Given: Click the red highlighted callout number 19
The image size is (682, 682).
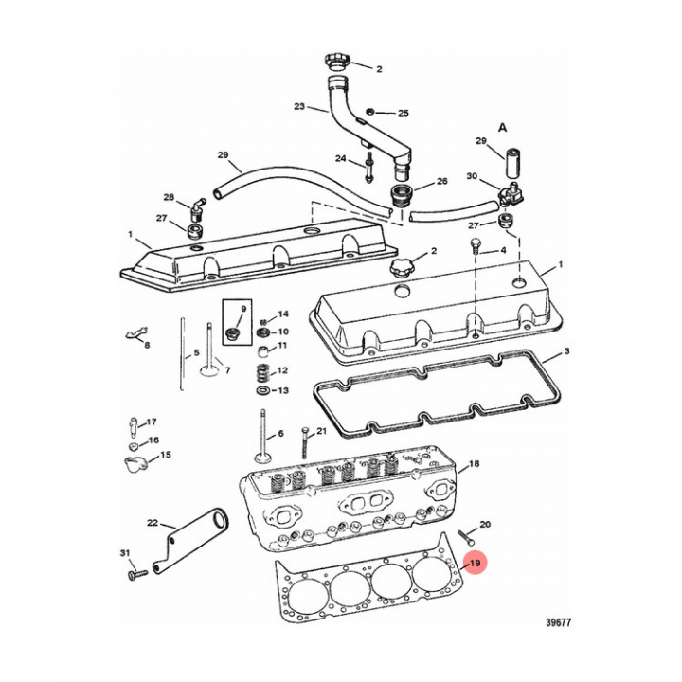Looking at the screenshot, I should click(476, 565).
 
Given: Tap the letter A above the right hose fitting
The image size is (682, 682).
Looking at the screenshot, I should click(503, 125).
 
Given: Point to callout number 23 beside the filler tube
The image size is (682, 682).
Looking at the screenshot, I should click(298, 107).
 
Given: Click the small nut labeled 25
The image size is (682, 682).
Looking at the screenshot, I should click(371, 112).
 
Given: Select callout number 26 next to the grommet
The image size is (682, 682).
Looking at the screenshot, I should click(441, 182).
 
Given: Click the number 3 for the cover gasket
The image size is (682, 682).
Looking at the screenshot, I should click(566, 352).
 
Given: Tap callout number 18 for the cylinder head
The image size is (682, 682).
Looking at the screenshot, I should click(475, 464).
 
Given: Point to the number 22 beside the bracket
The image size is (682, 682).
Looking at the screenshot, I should click(153, 523).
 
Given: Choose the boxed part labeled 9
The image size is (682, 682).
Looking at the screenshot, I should click(233, 332).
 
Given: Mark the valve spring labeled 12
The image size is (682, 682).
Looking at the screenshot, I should click(261, 370).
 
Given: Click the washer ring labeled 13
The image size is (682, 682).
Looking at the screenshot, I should click(261, 390).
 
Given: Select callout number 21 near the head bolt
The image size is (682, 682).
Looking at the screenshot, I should click(321, 432).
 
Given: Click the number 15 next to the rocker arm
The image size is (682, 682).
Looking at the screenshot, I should click(165, 456).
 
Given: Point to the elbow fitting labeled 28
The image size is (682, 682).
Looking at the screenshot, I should click(197, 206).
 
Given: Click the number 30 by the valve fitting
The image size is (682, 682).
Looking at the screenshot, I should click(472, 177).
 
